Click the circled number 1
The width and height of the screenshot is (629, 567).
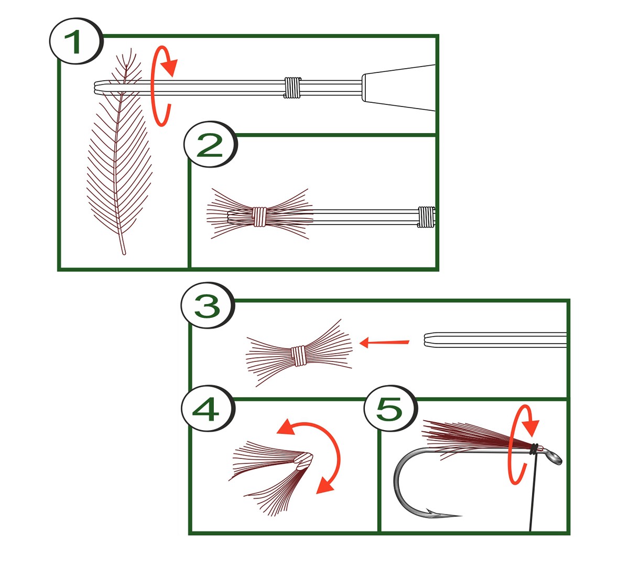pos(76,41)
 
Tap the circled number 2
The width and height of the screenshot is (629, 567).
pos(210,145)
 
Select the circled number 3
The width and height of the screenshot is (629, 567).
pos(207,305)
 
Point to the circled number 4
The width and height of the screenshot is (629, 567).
pos(207,409)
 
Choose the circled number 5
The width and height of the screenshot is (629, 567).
pos(391,409)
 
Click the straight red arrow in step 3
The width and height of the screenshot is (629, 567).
pos(384,343)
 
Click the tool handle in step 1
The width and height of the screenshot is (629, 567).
pos(398,88)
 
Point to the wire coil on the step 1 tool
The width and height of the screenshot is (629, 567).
pos(292,88)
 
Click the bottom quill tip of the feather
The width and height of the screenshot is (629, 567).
pos(124,253)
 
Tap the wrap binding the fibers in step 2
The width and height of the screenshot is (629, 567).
pos(259,217)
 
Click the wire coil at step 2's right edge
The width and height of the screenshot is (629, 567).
pos(427,217)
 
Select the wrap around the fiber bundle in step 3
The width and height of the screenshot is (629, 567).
pos(298,356)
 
